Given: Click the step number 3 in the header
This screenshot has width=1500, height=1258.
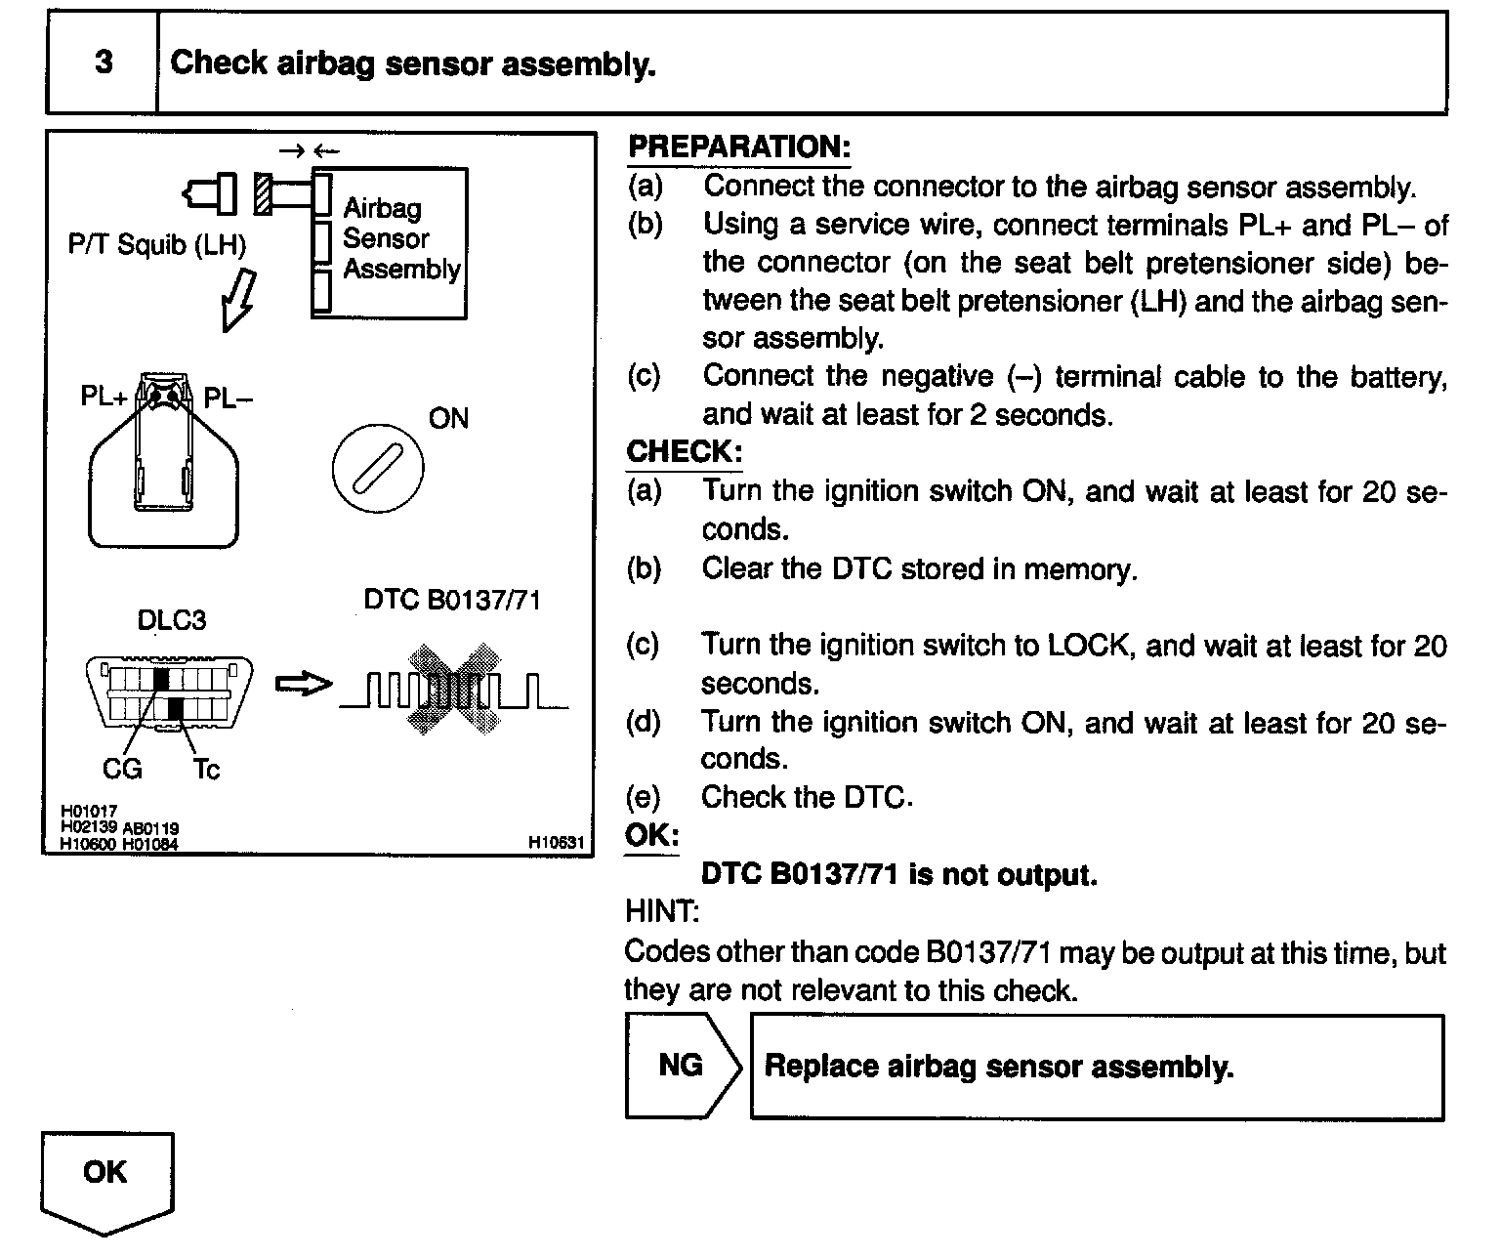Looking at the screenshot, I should [103, 63].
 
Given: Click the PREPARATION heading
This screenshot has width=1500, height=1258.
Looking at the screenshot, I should [738, 147].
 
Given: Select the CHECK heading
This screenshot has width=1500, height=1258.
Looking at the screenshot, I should [684, 452].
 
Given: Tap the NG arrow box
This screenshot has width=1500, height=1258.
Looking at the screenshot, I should [681, 1066].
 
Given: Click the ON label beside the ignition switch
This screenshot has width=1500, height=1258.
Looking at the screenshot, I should [448, 419].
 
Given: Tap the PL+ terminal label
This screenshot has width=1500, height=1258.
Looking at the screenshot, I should [104, 398].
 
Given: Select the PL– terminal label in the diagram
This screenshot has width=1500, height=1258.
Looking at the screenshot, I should [228, 398].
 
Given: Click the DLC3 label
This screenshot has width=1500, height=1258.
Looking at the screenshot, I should [172, 620].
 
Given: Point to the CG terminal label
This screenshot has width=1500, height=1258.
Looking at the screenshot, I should [122, 770].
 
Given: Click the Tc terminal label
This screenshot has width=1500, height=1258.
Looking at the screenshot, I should [206, 770].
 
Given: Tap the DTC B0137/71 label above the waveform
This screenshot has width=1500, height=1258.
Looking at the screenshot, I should [451, 599].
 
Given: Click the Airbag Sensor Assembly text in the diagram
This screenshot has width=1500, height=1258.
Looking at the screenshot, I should [400, 238].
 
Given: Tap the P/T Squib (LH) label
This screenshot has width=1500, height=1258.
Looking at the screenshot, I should [156, 244].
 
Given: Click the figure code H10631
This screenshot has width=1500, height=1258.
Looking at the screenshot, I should [557, 842].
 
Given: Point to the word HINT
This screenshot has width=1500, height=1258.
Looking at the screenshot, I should [661, 912].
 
